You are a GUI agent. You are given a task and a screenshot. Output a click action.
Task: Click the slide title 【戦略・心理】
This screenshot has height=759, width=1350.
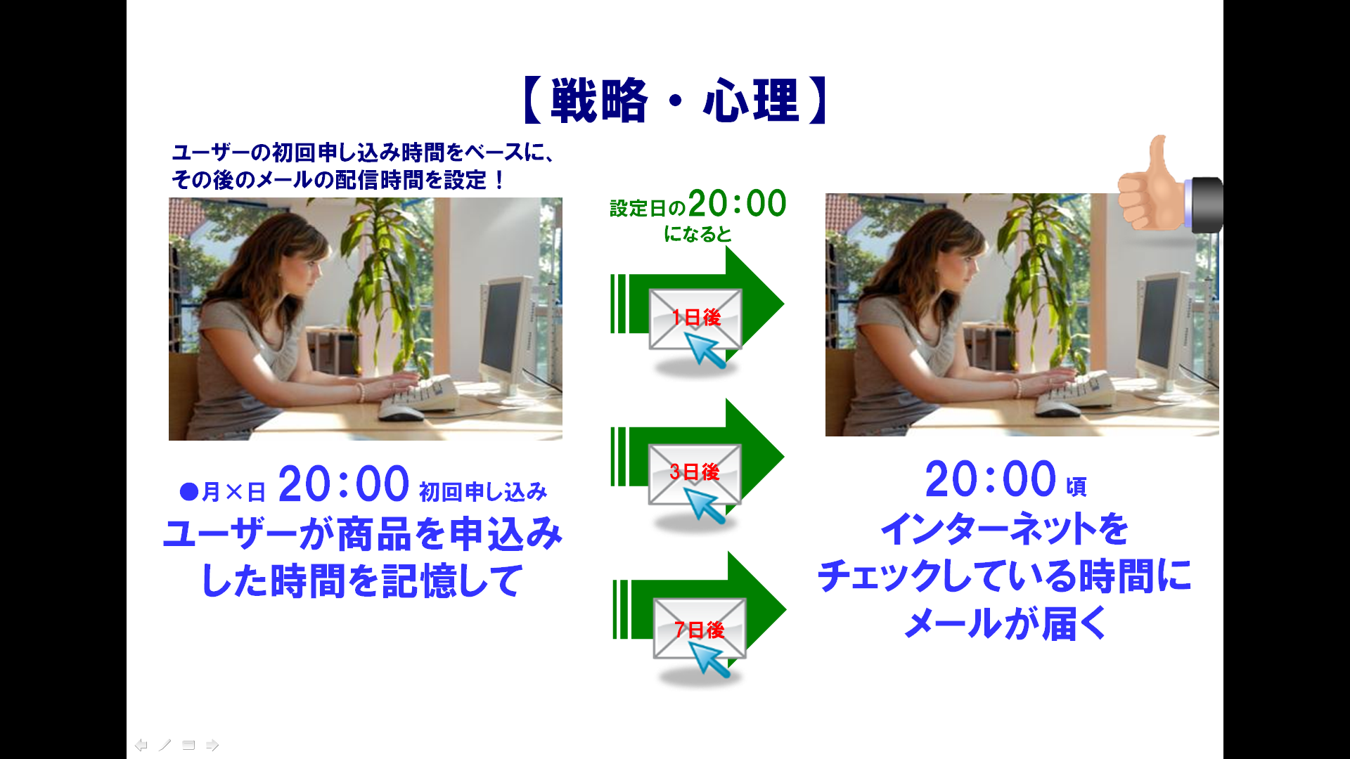pos(675,101)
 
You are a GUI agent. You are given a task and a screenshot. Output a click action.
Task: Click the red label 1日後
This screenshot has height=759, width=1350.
pos(696,318)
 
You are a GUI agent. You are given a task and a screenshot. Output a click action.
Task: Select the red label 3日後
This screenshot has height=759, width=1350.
pos(695,472)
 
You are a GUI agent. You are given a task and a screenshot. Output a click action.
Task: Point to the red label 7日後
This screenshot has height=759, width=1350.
pos(699,629)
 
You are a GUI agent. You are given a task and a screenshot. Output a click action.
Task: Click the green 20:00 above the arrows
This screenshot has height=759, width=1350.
pos(737,203)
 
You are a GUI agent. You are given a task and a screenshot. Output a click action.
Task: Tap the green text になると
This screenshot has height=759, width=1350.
pos(697,234)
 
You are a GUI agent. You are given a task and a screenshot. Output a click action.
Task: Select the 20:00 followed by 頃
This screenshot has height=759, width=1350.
pos(990,479)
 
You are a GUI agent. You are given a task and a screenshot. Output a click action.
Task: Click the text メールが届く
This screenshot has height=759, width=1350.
pos(1005,623)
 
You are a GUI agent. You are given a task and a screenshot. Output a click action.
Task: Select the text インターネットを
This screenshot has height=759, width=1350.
pos(1005,528)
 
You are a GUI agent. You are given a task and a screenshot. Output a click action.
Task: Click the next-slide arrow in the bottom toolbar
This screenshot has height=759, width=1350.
pos(212,745)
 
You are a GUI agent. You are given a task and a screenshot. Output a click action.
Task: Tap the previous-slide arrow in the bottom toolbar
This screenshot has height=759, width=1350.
pos(141,745)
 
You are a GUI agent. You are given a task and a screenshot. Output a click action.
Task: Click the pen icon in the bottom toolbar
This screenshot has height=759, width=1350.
pos(165,745)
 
